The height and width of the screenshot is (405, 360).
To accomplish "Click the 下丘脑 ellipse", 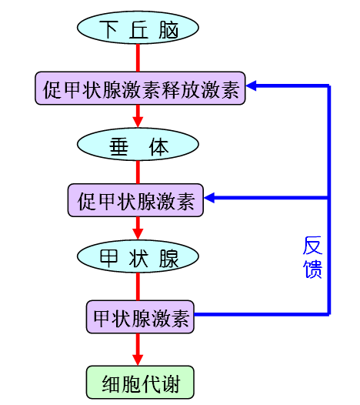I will click(x=138, y=29).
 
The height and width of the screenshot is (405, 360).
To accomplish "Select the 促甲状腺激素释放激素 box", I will click(x=139, y=89).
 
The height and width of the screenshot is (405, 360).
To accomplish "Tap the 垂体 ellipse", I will click(x=138, y=145).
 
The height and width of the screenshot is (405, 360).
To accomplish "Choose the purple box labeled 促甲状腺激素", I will click(x=135, y=202).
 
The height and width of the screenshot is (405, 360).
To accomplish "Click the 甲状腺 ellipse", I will click(x=138, y=259).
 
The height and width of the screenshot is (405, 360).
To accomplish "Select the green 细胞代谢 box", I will click(x=138, y=380).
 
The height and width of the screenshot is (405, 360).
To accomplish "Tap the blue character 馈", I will click(x=312, y=269).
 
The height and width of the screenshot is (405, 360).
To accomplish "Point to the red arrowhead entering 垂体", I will click(x=138, y=121).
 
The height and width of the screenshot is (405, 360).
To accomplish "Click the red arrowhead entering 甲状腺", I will click(x=138, y=234).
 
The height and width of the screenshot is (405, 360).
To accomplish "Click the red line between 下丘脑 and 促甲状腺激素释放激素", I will click(x=138, y=58).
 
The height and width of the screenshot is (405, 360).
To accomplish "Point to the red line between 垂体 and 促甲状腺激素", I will click(x=138, y=172).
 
